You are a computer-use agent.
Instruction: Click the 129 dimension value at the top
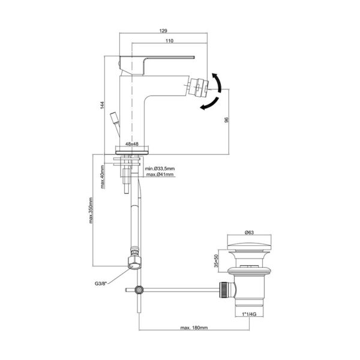point(163,31)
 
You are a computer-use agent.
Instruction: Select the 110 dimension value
point(169,41)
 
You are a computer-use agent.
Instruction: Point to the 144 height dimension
point(102,105)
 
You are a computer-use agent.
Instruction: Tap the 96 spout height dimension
point(227,120)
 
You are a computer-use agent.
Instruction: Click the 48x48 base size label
point(132,144)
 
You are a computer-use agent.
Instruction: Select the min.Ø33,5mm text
point(160,169)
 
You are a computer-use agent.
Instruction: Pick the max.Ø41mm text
point(160,175)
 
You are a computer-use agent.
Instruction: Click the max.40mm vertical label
point(103,177)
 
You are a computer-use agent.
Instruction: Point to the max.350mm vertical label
point(91,211)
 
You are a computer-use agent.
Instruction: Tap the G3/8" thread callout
point(101,284)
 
